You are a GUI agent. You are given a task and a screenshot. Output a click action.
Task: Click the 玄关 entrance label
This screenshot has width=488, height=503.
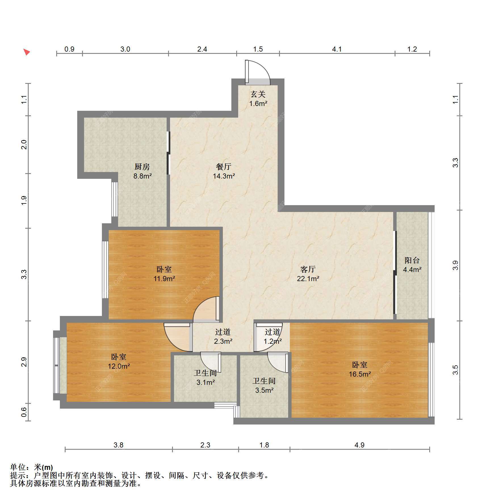pyautogui.click(x=258, y=94)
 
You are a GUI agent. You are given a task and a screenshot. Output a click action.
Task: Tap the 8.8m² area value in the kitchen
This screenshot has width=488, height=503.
pyautogui.click(x=143, y=176)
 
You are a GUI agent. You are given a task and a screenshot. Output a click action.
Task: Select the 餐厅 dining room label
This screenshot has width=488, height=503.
pyautogui.click(x=224, y=167)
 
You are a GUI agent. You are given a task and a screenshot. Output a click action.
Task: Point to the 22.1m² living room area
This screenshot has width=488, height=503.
pyautogui.click(x=308, y=279)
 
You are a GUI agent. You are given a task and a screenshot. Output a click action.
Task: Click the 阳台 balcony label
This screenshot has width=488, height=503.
pyautogui.click(x=412, y=260)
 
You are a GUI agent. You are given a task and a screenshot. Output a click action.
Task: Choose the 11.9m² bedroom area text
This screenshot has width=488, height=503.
pyautogui.click(x=164, y=279)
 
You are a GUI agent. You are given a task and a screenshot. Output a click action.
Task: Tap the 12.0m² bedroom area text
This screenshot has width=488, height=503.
pyautogui.click(x=119, y=366)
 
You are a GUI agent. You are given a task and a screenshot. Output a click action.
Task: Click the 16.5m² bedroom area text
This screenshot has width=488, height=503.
pyautogui.click(x=360, y=374)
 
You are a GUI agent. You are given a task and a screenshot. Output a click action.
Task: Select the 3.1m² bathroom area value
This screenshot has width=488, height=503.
pyautogui.click(x=206, y=382)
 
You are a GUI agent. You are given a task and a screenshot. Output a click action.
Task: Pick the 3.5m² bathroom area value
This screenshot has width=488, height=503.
pyautogui.click(x=264, y=390)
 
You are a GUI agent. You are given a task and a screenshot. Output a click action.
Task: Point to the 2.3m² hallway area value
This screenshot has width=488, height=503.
pyautogui.click(x=223, y=341)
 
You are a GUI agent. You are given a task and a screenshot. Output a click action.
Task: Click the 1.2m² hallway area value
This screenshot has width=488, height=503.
pyautogui.click(x=273, y=341)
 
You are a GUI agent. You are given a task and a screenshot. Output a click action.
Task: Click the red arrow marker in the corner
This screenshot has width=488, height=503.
pyautogui.click(x=27, y=52)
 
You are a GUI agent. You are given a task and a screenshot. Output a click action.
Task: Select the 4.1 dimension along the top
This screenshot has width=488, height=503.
pyautogui.click(x=337, y=49)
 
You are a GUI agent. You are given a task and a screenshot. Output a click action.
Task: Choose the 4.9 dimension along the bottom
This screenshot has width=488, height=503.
pyautogui.click(x=359, y=445)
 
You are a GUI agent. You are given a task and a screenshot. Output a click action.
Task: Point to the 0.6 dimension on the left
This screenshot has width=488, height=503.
pyautogui.click(x=24, y=412)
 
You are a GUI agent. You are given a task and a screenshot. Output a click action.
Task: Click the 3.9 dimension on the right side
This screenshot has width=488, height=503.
pyautogui.click(x=455, y=265)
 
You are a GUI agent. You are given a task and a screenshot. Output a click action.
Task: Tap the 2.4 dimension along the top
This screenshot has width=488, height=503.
pyautogui.click(x=202, y=49)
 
